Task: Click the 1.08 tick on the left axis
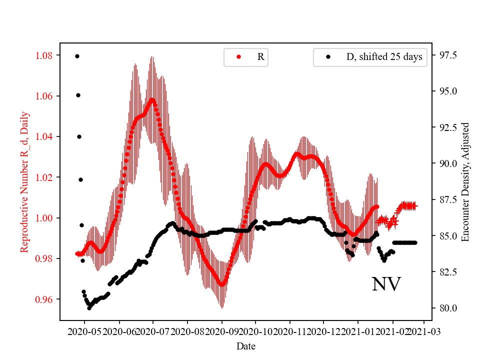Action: [46, 55]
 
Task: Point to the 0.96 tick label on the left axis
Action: [46, 299]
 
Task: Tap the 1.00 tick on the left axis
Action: [46, 218]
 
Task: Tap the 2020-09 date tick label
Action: [221, 331]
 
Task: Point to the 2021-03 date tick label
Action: [424, 331]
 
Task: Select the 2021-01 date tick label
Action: [358, 331]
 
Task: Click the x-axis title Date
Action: [246, 346]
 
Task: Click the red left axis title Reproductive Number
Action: [24, 182]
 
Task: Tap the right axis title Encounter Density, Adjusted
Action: [465, 182]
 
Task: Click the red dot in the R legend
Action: [238, 57]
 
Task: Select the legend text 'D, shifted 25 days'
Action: [384, 57]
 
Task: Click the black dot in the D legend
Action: [328, 57]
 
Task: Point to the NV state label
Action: [386, 284]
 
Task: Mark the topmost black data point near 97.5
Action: [77, 56]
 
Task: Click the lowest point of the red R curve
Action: [221, 284]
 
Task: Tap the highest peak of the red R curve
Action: [152, 99]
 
